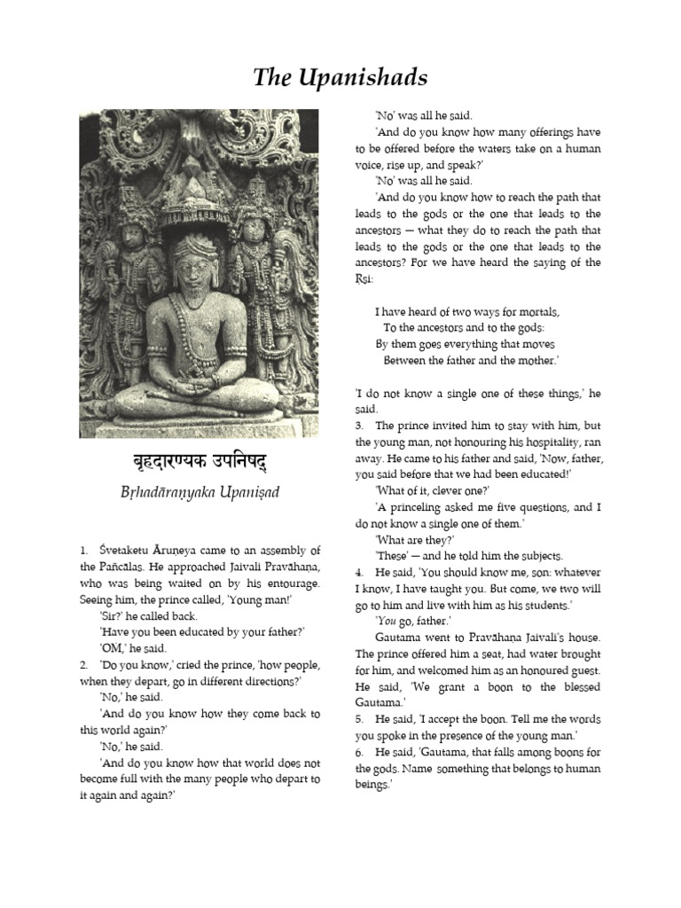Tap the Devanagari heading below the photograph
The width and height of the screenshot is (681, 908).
199,465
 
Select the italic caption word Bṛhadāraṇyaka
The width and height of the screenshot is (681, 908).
170,493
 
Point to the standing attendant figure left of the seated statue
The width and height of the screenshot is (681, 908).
133,266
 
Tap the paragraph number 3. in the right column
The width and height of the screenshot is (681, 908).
359,425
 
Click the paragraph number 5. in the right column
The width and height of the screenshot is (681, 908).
359,717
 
